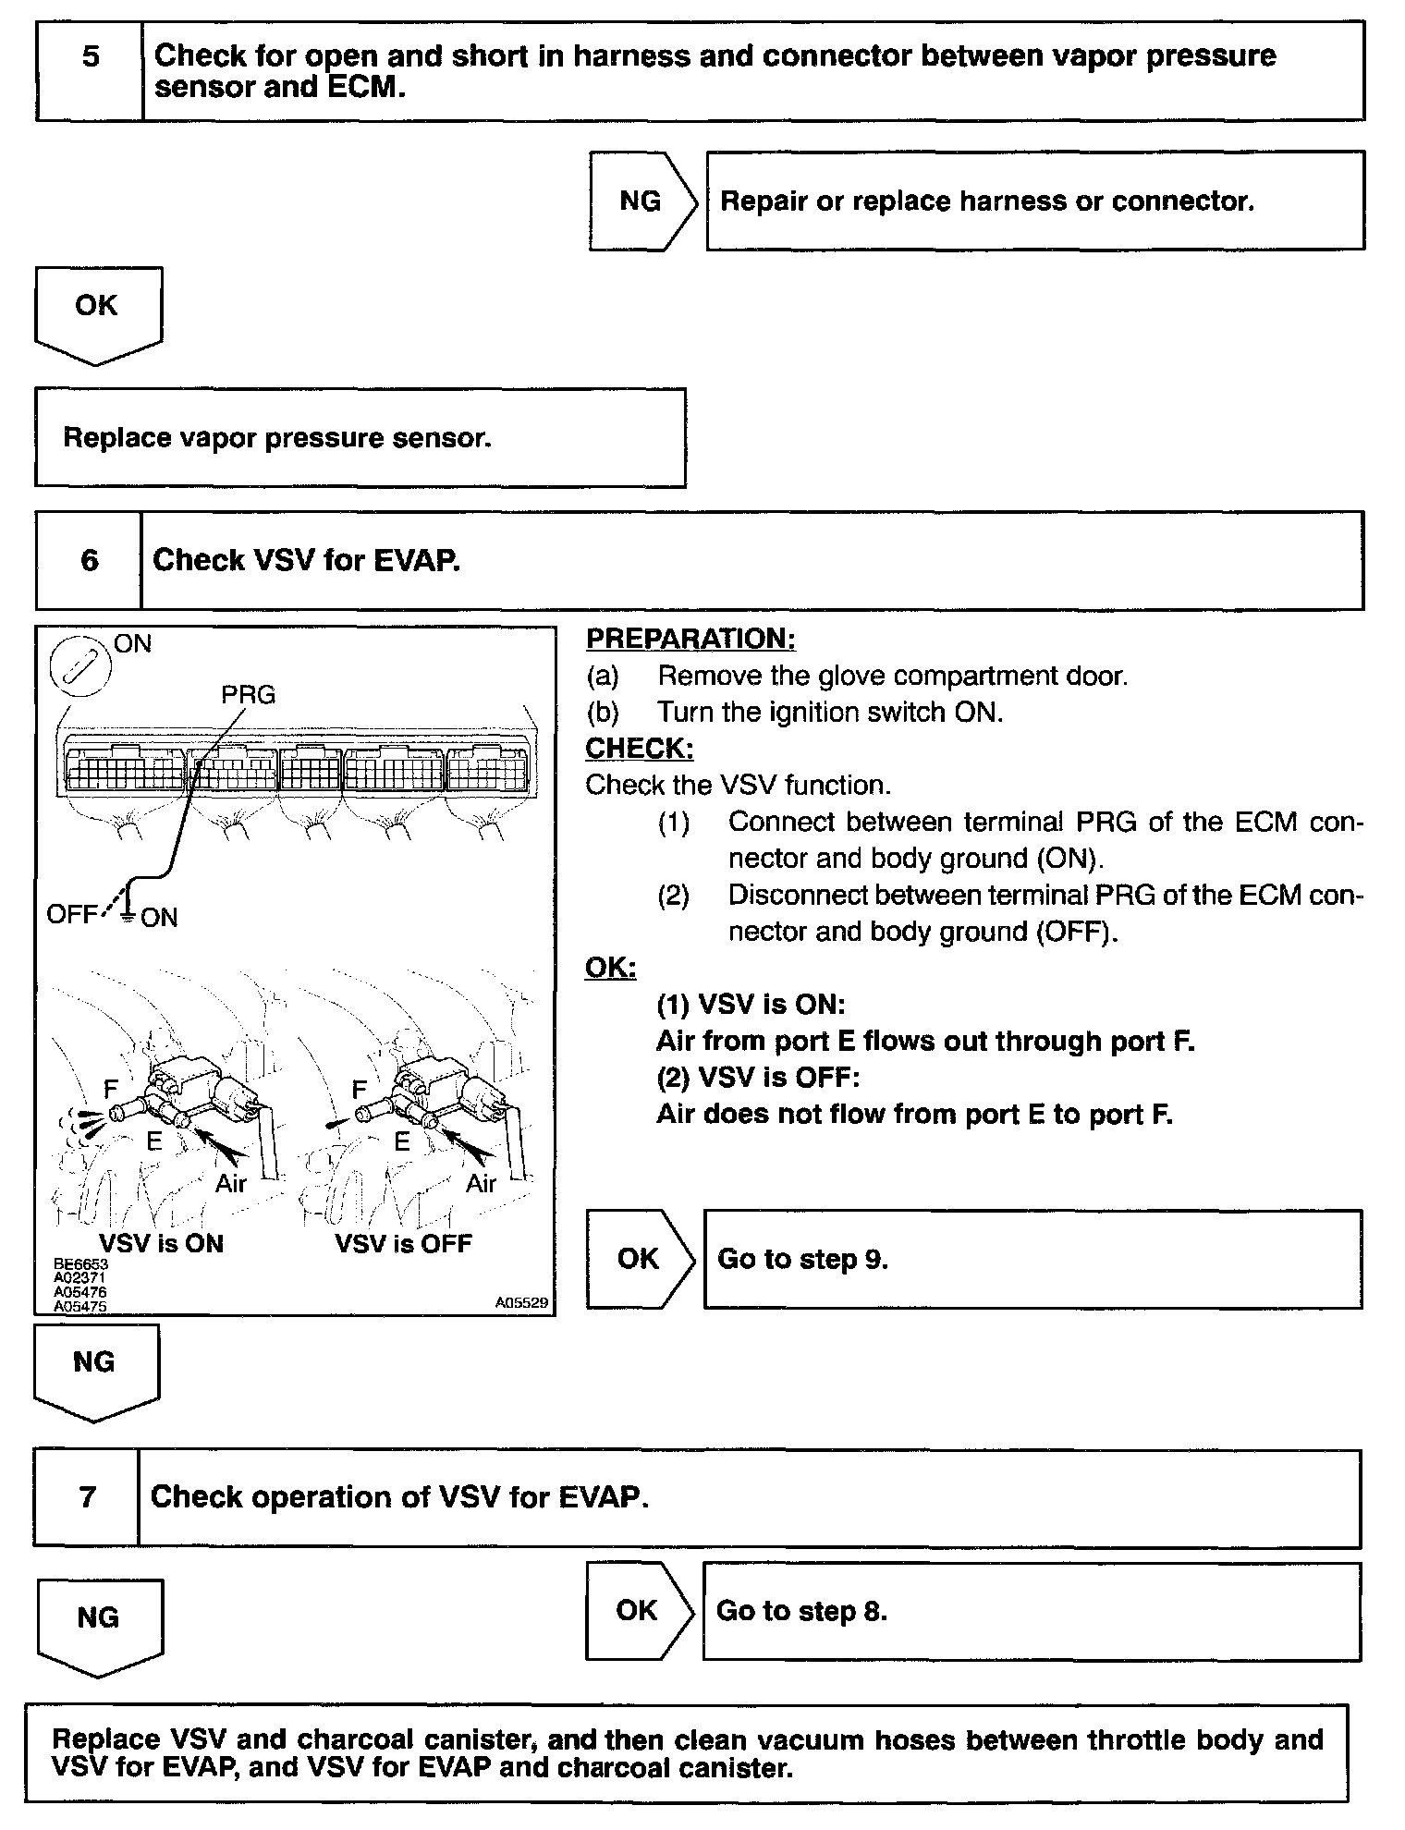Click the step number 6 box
tap(89, 560)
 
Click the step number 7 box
tap(87, 1497)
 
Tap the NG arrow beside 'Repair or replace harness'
tap(641, 201)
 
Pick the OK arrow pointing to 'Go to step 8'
tap(638, 1611)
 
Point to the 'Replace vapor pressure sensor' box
tap(360, 437)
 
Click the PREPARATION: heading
tap(690, 639)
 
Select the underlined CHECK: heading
tap(640, 748)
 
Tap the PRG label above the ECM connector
tap(248, 694)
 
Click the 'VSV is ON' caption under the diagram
tap(162, 1243)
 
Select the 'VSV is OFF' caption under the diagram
tap(403, 1243)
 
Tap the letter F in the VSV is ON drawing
tap(111, 1091)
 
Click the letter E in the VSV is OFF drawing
tap(402, 1142)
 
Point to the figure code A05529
tap(521, 1302)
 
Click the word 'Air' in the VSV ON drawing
tap(231, 1183)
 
